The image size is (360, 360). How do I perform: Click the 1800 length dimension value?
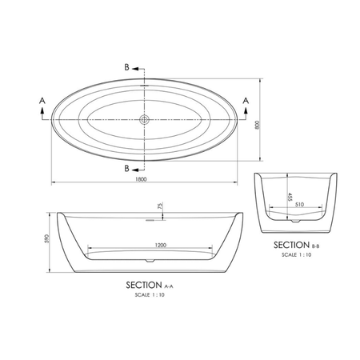click(x=141, y=179)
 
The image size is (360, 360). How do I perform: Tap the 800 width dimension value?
click(x=258, y=125)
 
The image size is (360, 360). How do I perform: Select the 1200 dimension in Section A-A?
click(x=161, y=245)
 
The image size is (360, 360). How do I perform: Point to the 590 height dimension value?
click(x=47, y=238)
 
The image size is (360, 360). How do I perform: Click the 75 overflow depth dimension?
click(x=160, y=206)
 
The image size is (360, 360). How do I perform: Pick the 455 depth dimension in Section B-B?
click(x=290, y=197)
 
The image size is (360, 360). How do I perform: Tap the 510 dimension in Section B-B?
click(x=299, y=205)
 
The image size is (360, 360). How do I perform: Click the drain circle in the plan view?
click(x=144, y=119)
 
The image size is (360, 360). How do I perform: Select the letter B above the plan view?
click(x=127, y=67)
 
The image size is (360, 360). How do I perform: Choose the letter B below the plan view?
click(x=127, y=169)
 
